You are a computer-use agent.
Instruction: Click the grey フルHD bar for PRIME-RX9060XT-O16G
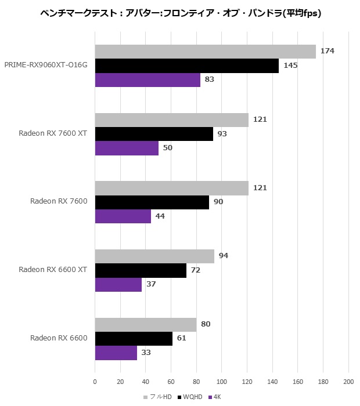pyautogui.click(x=206, y=52)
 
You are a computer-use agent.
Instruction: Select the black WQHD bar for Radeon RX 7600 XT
pyautogui.click(x=154, y=134)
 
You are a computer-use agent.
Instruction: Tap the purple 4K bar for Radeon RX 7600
pyautogui.click(x=123, y=216)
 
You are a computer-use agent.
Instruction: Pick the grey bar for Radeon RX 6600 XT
pyautogui.click(x=154, y=256)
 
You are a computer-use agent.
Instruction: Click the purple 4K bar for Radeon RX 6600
pyautogui.click(x=116, y=353)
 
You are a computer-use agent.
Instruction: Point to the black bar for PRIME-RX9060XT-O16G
pyautogui.click(x=187, y=66)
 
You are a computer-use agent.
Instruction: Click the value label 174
pyautogui.click(x=327, y=51)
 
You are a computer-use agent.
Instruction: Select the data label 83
pyautogui.click(x=210, y=79)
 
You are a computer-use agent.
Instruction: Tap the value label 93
pyautogui.click(x=222, y=133)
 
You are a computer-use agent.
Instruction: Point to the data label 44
pyautogui.click(x=160, y=216)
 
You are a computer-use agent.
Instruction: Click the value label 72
pyautogui.click(x=196, y=270)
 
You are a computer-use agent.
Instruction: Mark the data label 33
pyautogui.click(x=146, y=353)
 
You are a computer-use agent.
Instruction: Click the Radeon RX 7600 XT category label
pyautogui.click(x=53, y=133)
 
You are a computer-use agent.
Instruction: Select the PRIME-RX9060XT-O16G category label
pyautogui.click(x=46, y=65)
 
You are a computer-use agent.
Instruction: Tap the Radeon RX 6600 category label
pyautogui.click(x=59, y=338)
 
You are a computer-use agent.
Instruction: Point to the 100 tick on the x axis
pyautogui.click(x=222, y=382)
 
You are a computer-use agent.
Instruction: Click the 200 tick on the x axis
pyautogui.click(x=348, y=382)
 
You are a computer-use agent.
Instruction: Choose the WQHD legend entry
pyautogui.click(x=190, y=397)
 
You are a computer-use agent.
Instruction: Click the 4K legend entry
pyautogui.click(x=215, y=397)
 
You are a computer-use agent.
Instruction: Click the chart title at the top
pyautogui.click(x=181, y=13)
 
